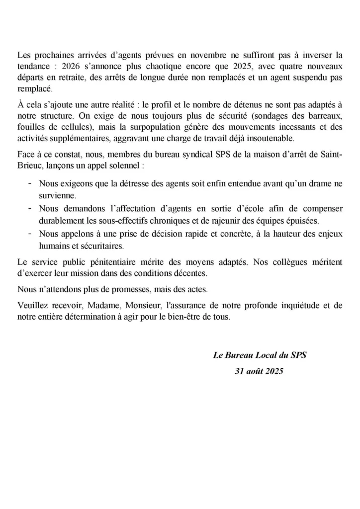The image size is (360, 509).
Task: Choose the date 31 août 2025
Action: (x=259, y=371)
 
